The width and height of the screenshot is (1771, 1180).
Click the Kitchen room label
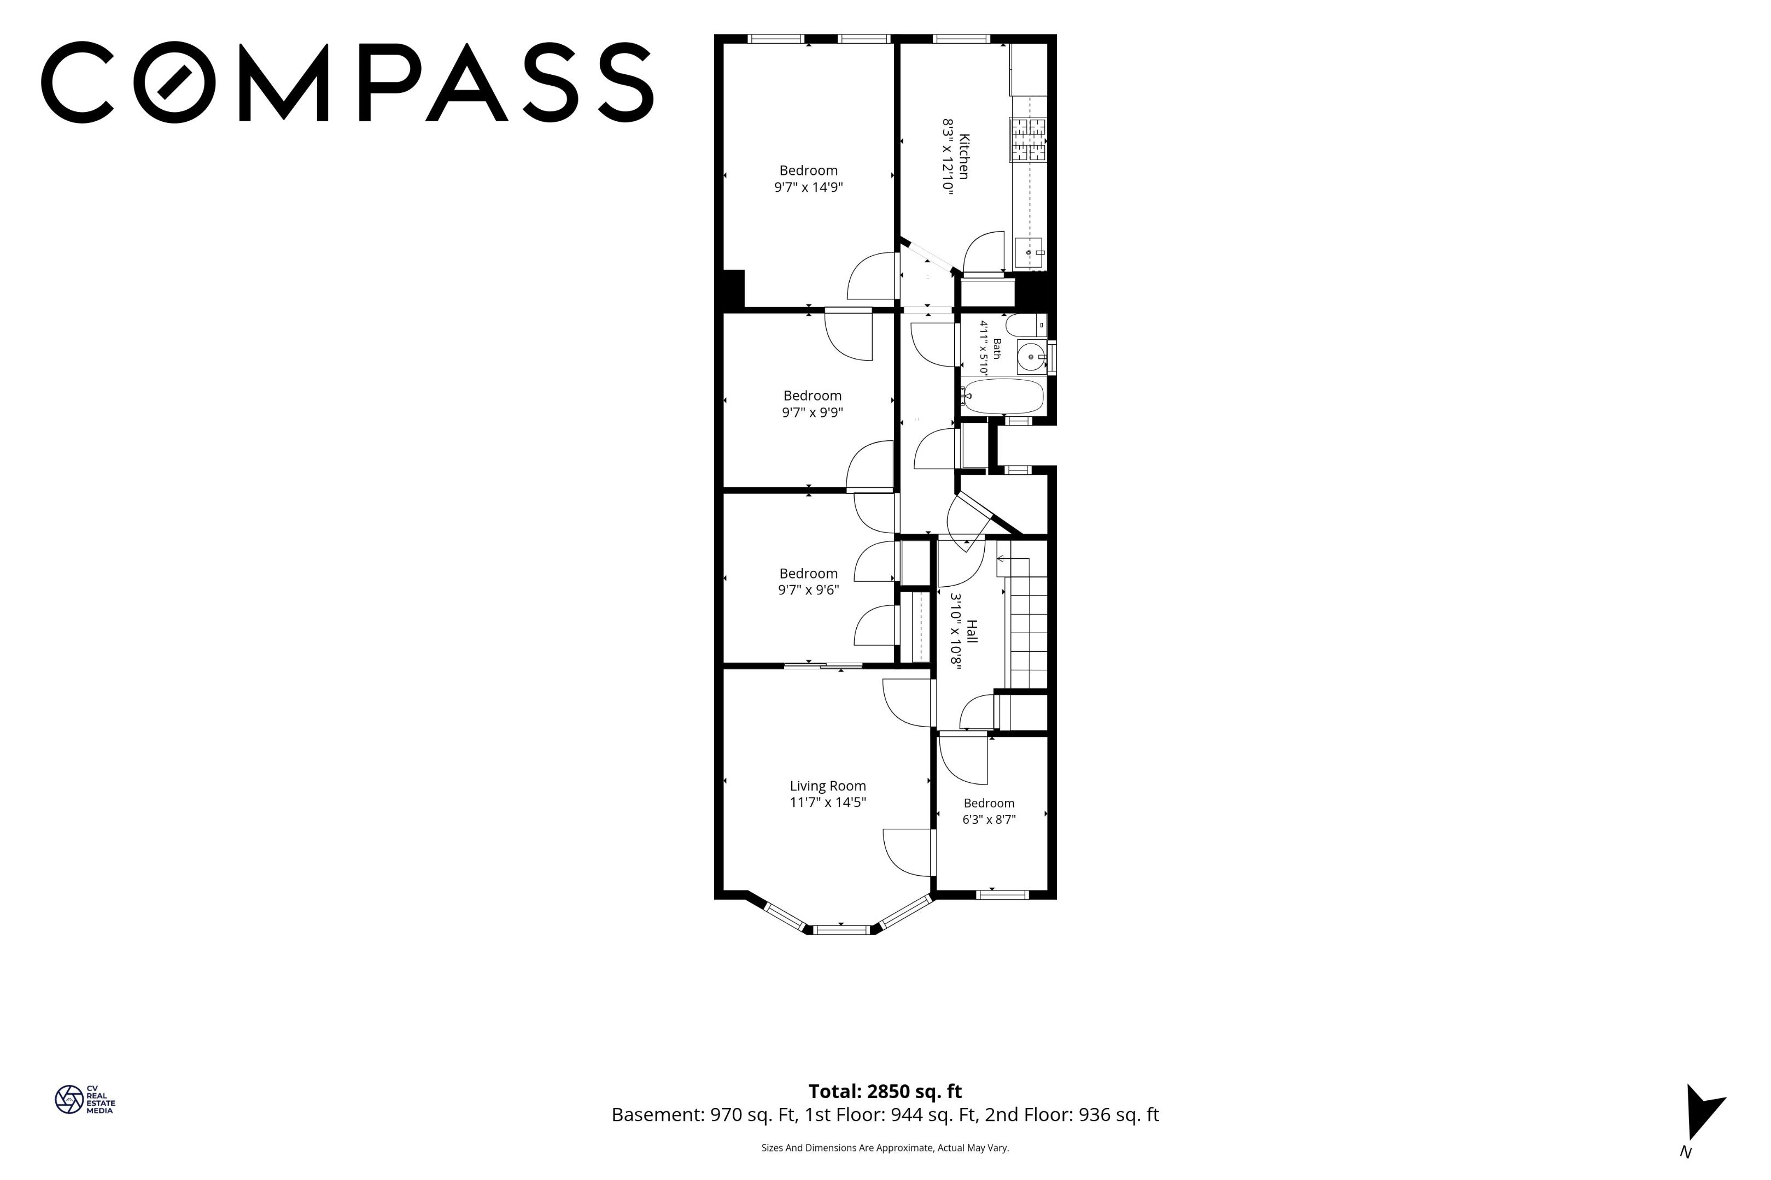963,157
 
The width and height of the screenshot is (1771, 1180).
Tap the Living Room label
827,786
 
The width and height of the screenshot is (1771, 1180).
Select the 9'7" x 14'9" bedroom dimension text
808,187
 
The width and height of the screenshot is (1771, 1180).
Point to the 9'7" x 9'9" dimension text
812,412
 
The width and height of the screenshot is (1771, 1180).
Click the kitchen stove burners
1028,139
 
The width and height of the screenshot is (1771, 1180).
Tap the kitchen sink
1028,252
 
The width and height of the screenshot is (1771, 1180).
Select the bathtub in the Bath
1004,396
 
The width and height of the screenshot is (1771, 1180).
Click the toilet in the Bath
1026,325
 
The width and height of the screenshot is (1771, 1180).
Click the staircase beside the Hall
1026,624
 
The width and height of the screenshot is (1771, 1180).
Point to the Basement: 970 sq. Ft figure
704,1114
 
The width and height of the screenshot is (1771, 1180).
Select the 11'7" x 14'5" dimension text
827,802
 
